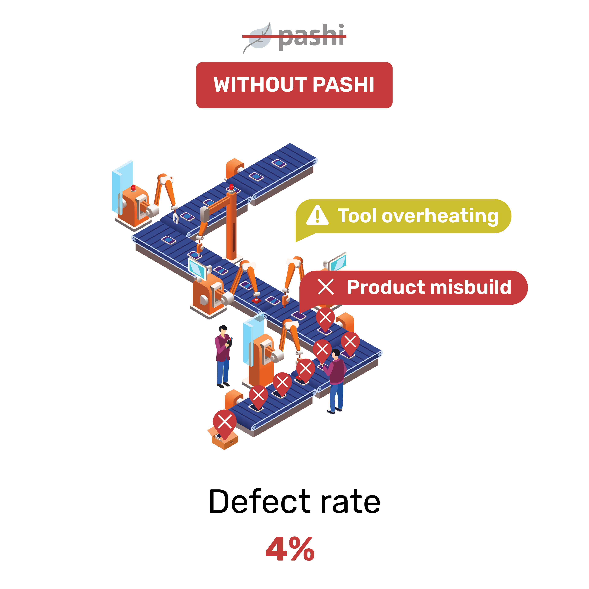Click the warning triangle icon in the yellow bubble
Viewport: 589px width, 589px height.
point(317,215)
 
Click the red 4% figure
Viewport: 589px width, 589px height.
point(290,549)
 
